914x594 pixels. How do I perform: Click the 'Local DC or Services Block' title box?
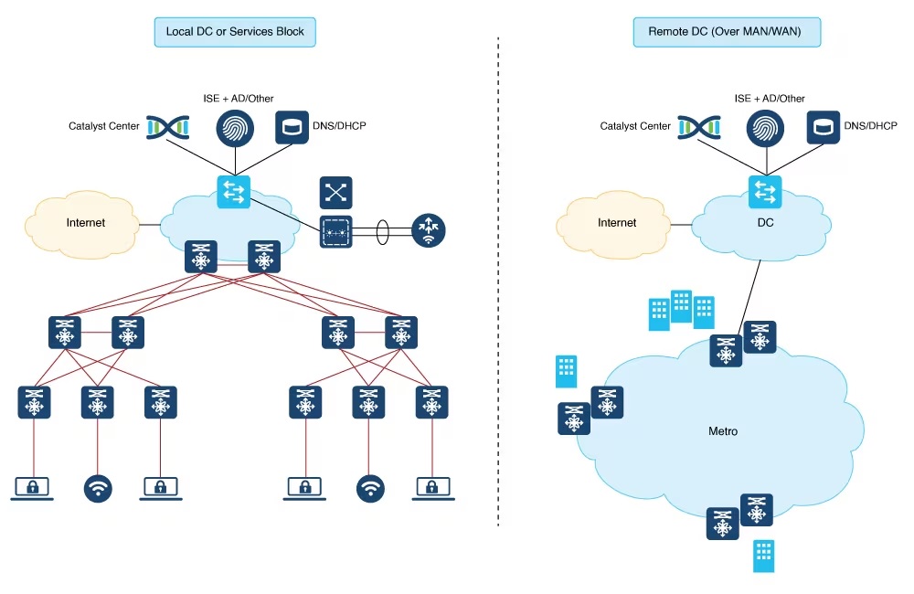(235, 32)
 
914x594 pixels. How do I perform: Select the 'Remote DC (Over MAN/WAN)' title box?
(727, 32)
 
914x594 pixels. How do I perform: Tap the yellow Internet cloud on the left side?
(85, 222)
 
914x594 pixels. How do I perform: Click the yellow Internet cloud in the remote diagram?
(616, 222)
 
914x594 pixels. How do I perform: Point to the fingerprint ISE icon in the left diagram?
(234, 128)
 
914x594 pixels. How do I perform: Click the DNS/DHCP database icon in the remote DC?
(823, 127)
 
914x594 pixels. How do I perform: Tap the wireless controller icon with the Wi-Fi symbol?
(428, 229)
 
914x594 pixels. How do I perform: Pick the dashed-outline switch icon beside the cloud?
(336, 232)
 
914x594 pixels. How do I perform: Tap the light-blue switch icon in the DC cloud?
(763, 192)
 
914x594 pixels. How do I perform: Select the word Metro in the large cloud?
(723, 430)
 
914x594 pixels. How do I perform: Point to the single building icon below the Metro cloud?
(764, 556)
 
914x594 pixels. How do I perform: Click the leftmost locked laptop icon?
(32, 488)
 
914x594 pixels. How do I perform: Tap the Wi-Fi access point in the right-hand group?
(370, 488)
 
